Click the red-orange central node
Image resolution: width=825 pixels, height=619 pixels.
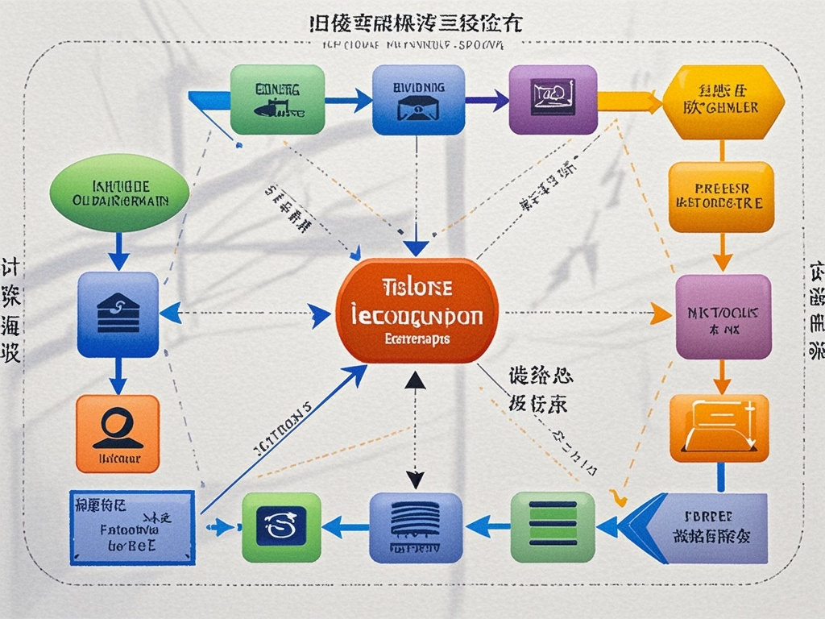click(416, 311)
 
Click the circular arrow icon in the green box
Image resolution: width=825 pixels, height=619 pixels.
click(281, 526)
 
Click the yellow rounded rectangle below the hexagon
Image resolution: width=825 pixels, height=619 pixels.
click(721, 197)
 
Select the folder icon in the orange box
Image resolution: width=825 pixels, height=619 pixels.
click(719, 428)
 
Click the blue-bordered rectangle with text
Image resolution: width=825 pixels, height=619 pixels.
click(131, 526)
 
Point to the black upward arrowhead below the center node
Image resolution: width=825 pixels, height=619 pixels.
click(415, 381)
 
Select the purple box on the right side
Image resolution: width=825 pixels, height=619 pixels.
click(722, 317)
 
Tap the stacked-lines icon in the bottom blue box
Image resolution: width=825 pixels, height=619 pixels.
click(415, 520)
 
